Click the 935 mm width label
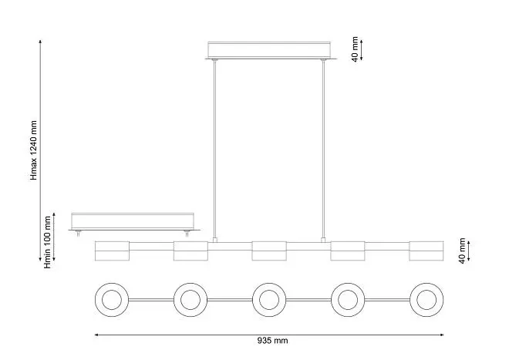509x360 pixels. (272, 341)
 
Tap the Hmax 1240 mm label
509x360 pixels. (34, 150)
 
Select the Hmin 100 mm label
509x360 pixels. (47, 242)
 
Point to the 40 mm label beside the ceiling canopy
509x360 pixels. (355, 49)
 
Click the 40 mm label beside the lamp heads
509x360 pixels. (462, 251)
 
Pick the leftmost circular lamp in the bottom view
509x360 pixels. (112, 300)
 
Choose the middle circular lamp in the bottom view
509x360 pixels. (269, 300)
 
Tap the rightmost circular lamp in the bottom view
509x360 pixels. (426, 300)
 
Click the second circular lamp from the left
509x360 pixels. (190, 300)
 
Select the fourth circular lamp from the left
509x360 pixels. (348, 300)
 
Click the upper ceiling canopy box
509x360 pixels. (269, 50)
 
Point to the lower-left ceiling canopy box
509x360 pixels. (133, 221)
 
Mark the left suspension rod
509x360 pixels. (214, 150)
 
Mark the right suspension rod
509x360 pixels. (323, 150)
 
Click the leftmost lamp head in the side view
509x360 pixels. (112, 251)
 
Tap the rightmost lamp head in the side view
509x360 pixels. (426, 251)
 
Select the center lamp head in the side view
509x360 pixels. (269, 251)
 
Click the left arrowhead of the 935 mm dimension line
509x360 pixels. (96, 335)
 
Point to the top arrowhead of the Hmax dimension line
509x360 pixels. (40, 42)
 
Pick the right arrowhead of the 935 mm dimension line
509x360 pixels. (442, 335)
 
